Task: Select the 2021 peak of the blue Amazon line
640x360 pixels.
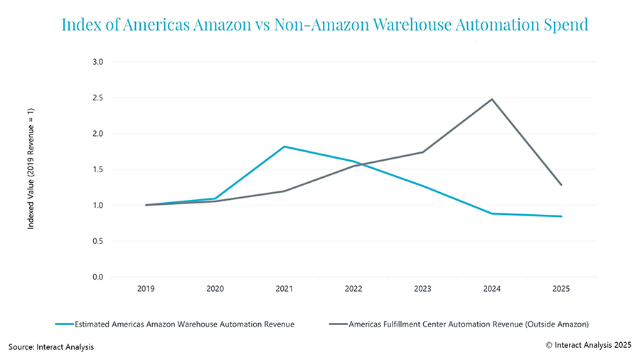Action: tap(284, 147)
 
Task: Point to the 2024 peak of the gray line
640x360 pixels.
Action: tap(491, 99)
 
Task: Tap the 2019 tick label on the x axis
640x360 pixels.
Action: tap(146, 289)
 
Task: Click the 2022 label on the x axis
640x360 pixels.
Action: tap(353, 289)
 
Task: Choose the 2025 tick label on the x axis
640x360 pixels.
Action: tap(560, 289)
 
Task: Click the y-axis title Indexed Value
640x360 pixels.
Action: tap(31, 169)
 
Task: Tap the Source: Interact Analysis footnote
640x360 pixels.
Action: tap(51, 346)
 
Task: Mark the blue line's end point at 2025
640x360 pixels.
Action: tap(560, 216)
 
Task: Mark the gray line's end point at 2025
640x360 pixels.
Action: tap(560, 185)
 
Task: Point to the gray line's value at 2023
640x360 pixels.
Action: tap(422, 152)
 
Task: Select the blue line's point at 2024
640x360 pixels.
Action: tap(491, 213)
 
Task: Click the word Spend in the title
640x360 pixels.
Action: tap(565, 25)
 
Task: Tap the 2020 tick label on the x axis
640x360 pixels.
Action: tap(215, 289)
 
